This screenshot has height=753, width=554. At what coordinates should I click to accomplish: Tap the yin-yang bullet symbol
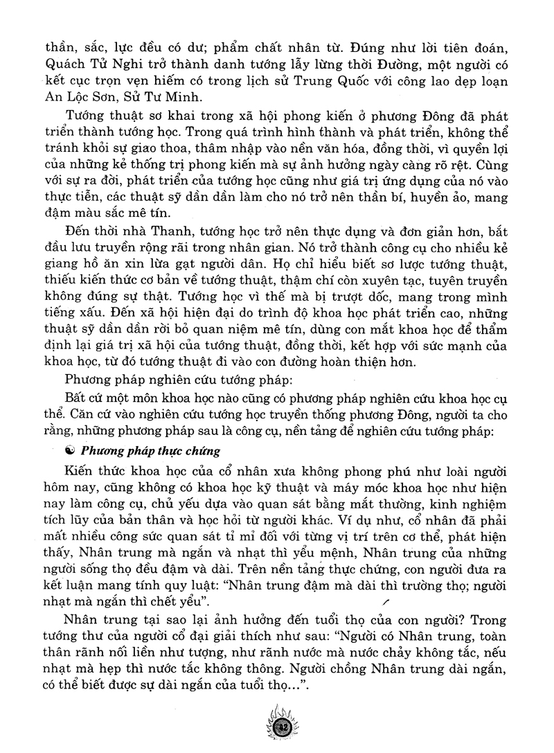(68, 451)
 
